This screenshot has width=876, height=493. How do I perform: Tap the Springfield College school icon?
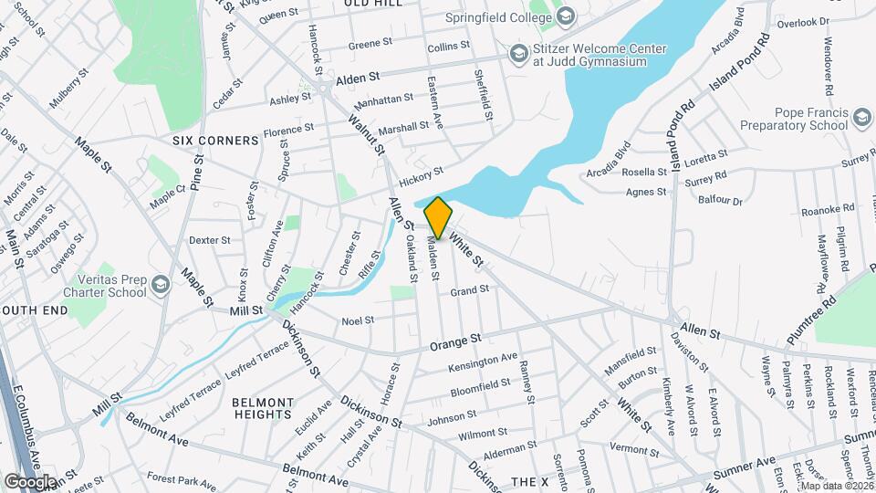click(x=566, y=16)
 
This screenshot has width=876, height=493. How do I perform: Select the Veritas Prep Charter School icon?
click(x=161, y=286)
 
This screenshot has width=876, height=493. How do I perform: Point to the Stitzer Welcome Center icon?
click(x=519, y=55)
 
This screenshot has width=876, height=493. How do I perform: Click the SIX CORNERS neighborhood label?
click(x=215, y=141)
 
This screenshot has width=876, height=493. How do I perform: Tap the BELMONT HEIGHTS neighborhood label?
click(x=262, y=407)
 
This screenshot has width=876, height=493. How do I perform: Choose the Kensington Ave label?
click(x=483, y=362)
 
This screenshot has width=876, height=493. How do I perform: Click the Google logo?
click(x=30, y=481)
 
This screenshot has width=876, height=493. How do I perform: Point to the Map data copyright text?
click(x=837, y=486)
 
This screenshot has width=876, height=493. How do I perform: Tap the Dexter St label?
click(x=209, y=240)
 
